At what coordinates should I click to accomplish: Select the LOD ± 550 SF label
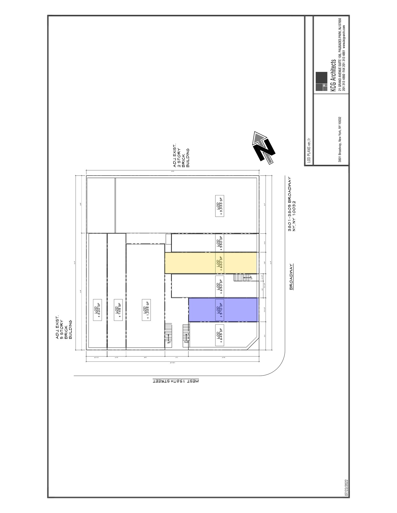pos(220,242)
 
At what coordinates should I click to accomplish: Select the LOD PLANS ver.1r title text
pos(309,150)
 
